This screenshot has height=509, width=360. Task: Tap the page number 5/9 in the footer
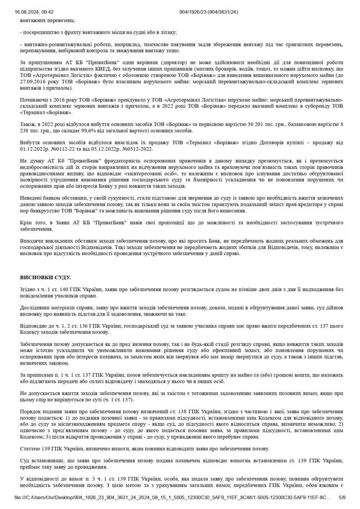click(342, 497)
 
